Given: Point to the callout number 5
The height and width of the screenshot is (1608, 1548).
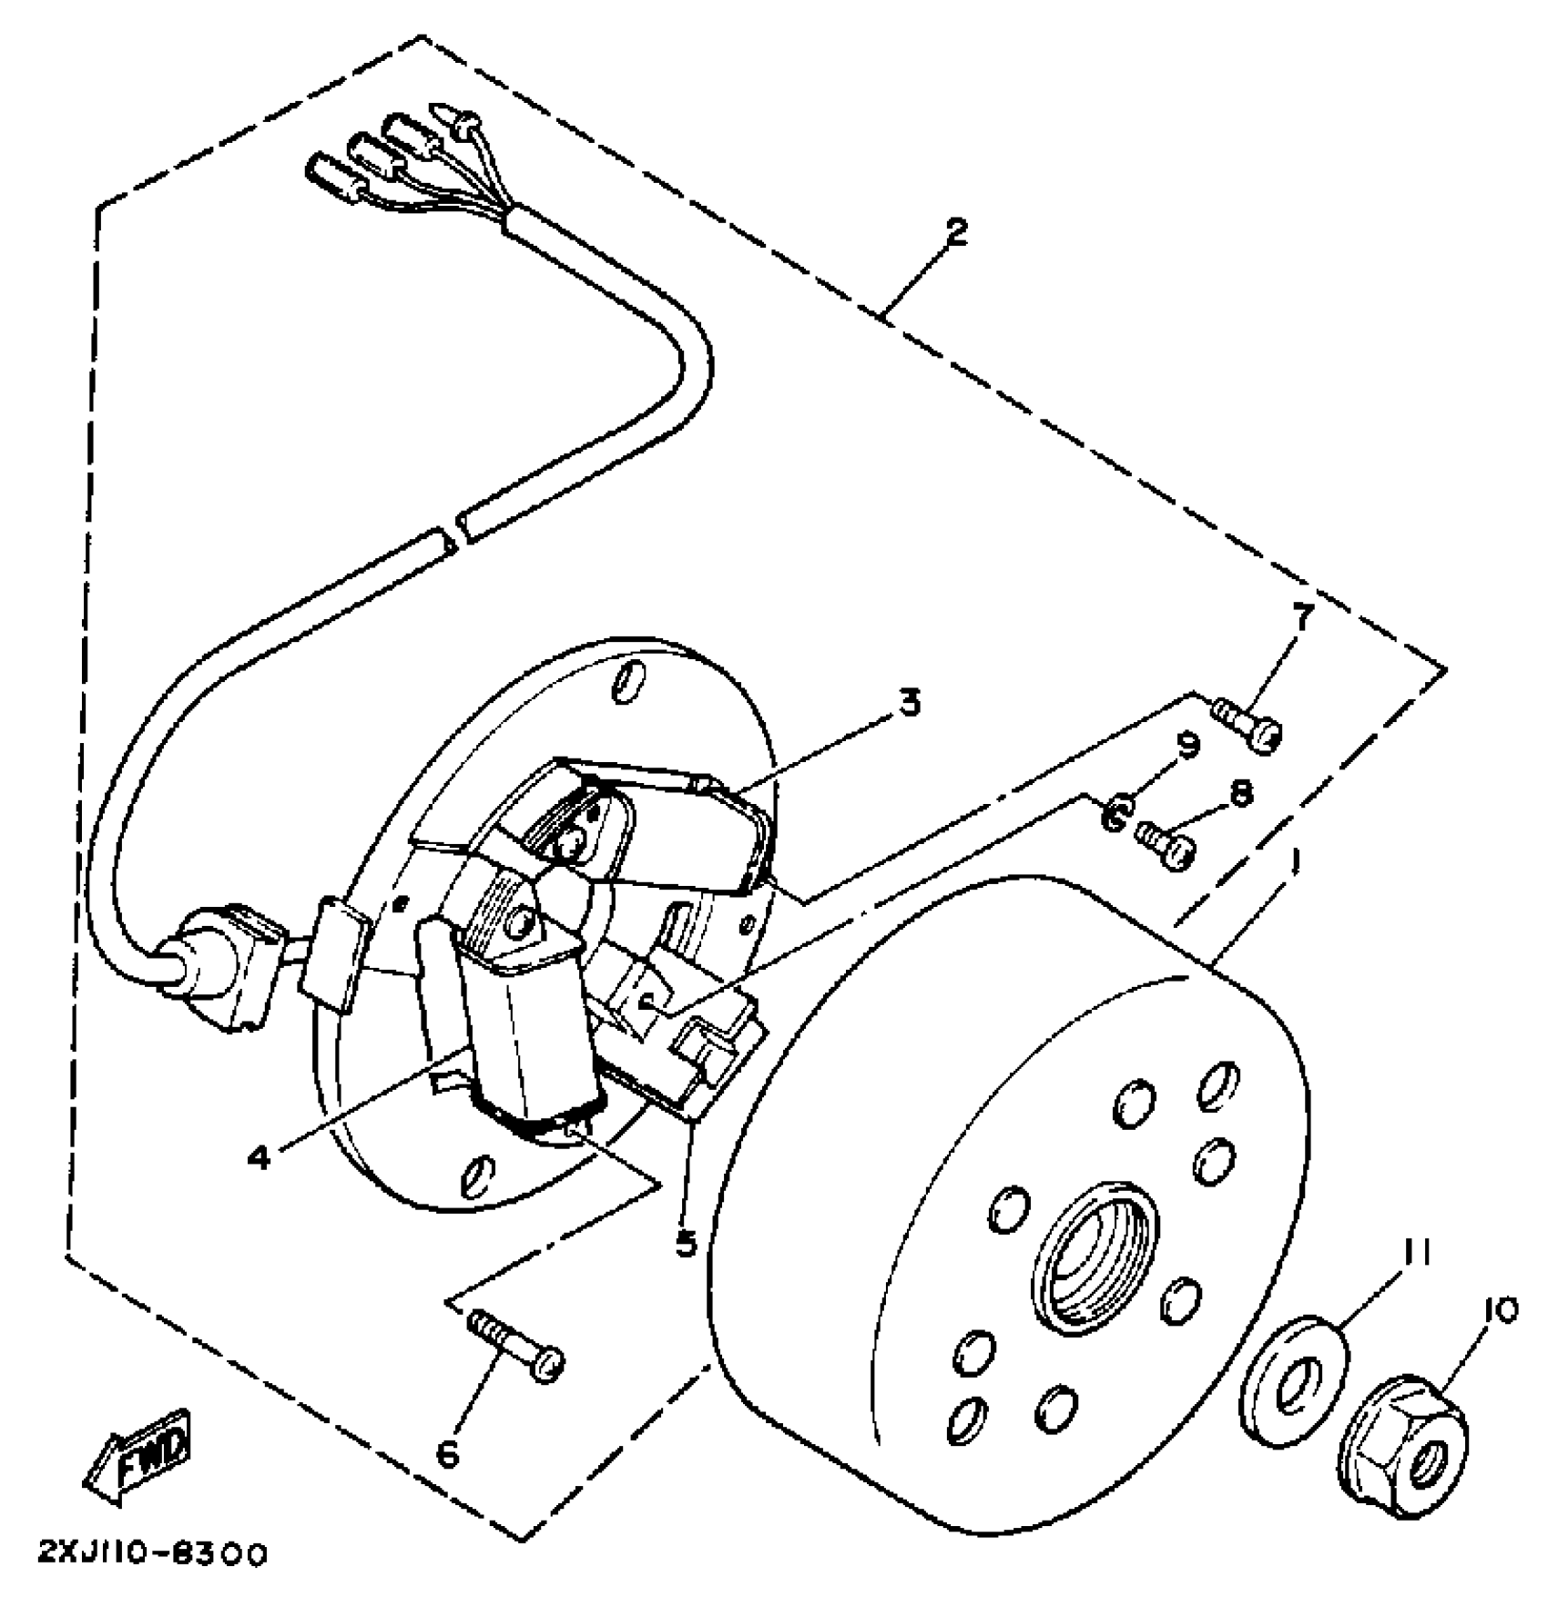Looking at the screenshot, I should pyautogui.click(x=686, y=1244).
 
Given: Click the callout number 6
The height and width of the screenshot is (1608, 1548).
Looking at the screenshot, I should pyautogui.click(x=448, y=1454).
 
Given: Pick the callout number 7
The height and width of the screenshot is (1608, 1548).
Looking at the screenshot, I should pyautogui.click(x=1302, y=619).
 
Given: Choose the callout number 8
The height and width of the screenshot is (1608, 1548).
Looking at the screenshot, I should pyautogui.click(x=1240, y=794).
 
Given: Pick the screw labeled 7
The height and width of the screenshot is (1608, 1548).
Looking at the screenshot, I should pyautogui.click(x=1248, y=729).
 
